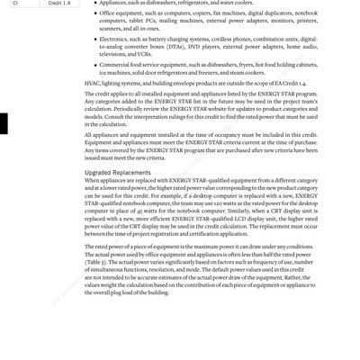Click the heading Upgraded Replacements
[x=118, y=172]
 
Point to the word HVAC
[x=94, y=83]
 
